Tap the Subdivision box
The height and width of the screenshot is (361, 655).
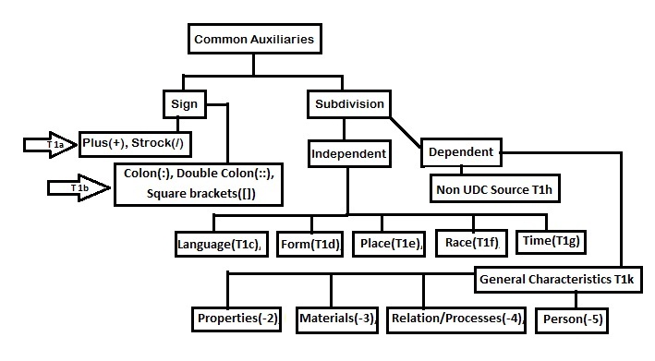tap(346, 103)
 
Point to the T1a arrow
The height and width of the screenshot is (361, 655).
tap(51, 145)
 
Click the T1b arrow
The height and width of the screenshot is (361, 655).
tap(79, 187)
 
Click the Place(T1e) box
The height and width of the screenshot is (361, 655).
tap(391, 244)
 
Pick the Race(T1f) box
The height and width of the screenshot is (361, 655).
tap(470, 244)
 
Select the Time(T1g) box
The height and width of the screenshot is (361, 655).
tap(552, 243)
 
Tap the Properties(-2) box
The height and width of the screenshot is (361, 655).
tap(238, 319)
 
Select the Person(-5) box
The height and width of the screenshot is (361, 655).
tap(572, 319)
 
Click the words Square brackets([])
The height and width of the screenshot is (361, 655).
tap(200, 195)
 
